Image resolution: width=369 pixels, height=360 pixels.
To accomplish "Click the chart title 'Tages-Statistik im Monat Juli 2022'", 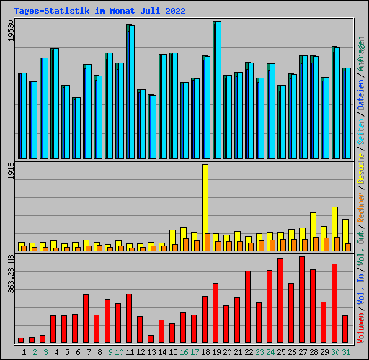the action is pyautogui.click(x=99, y=11).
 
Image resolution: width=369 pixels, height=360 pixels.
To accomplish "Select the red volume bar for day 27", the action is pyautogui.click(x=302, y=300).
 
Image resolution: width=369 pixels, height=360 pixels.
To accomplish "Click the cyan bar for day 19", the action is pyautogui.click(x=218, y=90).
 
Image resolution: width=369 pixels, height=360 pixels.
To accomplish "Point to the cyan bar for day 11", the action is pyautogui.click(x=132, y=92).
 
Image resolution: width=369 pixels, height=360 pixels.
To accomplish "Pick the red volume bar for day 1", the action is pyautogui.click(x=21, y=340).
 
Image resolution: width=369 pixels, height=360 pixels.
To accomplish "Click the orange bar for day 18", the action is pyautogui.click(x=208, y=242).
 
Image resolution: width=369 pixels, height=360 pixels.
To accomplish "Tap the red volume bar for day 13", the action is pyautogui.click(x=151, y=338).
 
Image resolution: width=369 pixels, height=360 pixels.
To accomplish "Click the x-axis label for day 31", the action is pyautogui.click(x=346, y=352).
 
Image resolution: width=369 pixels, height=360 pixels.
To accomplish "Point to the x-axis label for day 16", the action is pyautogui.click(x=184, y=352).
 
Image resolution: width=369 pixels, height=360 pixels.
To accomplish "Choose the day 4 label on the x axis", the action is pyautogui.click(x=56, y=352).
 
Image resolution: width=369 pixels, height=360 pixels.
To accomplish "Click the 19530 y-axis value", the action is pyautogui.click(x=11, y=30).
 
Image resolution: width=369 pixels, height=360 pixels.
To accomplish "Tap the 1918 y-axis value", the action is pyautogui.click(x=11, y=171).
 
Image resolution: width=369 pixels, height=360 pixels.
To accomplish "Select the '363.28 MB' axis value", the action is pyautogui.click(x=11, y=274).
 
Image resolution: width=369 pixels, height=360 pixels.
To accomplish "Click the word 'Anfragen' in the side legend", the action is pyautogui.click(x=361, y=54).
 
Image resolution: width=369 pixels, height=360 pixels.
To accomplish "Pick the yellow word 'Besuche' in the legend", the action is pyautogui.click(x=361, y=168).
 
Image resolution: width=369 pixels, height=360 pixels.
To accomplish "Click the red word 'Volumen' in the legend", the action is pyautogui.click(x=361, y=328).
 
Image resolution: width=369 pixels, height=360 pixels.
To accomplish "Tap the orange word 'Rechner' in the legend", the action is pyautogui.click(x=361, y=207).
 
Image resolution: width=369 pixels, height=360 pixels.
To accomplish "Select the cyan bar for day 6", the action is pyautogui.click(x=78, y=128).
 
